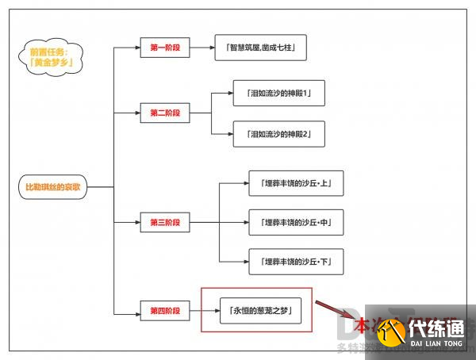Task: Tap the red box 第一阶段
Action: point(165,48)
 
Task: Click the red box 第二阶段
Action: point(165,113)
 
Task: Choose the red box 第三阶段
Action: point(165,222)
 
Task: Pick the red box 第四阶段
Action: point(165,309)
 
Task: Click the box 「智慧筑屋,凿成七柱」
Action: point(260,48)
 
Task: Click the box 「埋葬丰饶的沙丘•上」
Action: point(296,183)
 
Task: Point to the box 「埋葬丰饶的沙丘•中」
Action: point(296,223)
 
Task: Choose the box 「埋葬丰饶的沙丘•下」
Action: point(296,261)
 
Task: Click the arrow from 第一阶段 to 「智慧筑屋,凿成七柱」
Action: point(202,48)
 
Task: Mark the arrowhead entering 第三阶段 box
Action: point(137,222)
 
